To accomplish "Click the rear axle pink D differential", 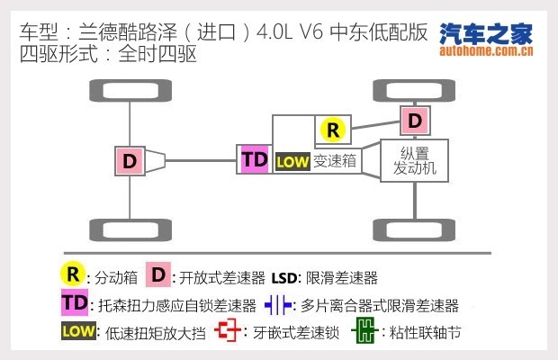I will (130, 160).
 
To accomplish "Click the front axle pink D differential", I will (414, 119).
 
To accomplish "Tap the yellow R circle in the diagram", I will (333, 130).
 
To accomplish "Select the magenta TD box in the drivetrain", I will (255, 160).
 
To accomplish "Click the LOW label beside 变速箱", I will (292, 162).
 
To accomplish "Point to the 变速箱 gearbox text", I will (336, 162).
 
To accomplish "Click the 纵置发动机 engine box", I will (413, 160).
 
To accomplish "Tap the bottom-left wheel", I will (130, 230).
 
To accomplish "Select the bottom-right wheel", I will (414, 230).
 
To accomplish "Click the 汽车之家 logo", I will (485, 34).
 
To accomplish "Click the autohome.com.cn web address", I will (485, 51).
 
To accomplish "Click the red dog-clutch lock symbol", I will (229, 332).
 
